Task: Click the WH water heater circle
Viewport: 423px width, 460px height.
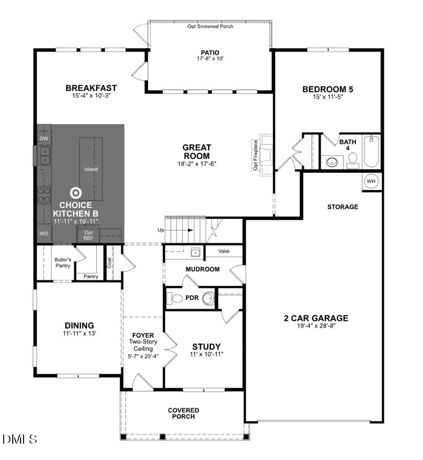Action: (371, 181)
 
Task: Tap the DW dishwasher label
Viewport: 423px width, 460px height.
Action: (44, 138)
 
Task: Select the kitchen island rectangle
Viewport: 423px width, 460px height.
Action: (91, 169)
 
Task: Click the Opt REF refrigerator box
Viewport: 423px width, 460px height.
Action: (88, 235)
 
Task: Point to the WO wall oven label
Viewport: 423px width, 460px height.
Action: (44, 233)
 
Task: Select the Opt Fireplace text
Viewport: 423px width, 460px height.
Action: (255, 155)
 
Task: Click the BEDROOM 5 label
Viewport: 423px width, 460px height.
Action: (327, 89)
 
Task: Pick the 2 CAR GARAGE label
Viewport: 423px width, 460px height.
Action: (316, 318)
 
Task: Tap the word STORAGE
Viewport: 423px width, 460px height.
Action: (342, 207)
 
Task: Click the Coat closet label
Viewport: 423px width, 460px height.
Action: (110, 262)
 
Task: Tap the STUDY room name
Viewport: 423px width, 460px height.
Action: (206, 346)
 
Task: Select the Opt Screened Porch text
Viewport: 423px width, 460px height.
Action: (209, 26)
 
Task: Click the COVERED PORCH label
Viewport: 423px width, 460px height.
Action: (183, 414)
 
